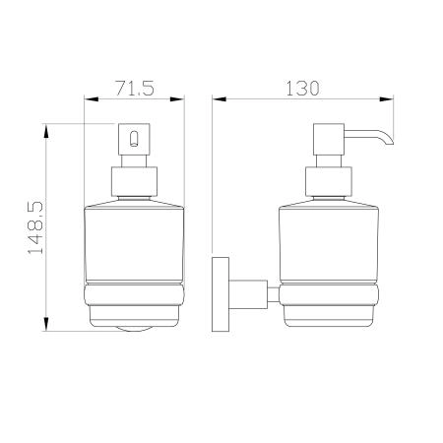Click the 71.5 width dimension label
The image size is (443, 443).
(x=135, y=88)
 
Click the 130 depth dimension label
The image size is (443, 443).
(x=302, y=89)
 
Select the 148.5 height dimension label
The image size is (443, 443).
(x=35, y=227)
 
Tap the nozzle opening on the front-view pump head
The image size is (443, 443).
(x=134, y=139)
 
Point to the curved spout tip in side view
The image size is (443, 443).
(x=389, y=140)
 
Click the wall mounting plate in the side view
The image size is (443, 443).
(x=221, y=294)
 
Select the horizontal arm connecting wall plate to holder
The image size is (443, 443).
(x=248, y=294)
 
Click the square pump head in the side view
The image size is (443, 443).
(x=329, y=139)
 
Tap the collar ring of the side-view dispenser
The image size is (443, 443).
(x=329, y=182)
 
